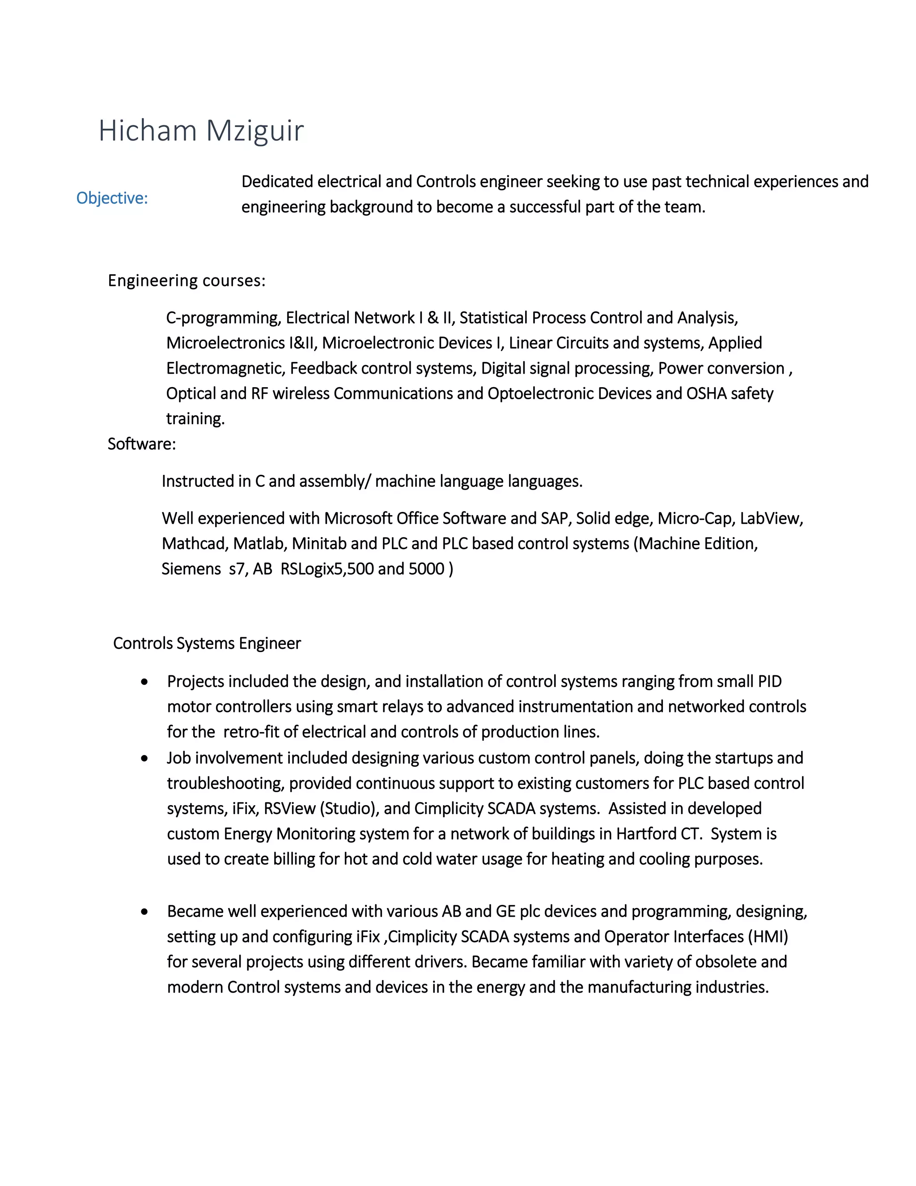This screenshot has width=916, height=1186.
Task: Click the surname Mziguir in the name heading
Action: tap(254, 131)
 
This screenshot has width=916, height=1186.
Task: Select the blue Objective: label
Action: tap(112, 198)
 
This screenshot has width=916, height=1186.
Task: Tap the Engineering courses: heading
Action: tap(187, 281)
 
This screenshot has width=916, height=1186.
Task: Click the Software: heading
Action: tap(142, 444)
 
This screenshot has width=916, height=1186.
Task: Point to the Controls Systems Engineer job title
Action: tap(207, 644)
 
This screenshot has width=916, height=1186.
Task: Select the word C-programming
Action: tap(223, 318)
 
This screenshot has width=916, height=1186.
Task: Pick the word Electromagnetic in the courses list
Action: tap(225, 369)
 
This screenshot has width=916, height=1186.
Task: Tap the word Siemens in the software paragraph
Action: tap(191, 569)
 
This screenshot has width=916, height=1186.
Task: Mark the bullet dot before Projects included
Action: tap(144, 682)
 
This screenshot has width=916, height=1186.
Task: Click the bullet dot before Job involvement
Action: tap(144, 759)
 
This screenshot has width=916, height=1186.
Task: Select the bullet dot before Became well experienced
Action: tap(144, 912)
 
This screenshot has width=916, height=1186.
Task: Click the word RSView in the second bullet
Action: tap(289, 809)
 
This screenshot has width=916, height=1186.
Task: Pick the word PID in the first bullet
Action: tap(769, 682)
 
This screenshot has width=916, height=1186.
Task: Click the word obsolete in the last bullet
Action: tap(725, 962)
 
